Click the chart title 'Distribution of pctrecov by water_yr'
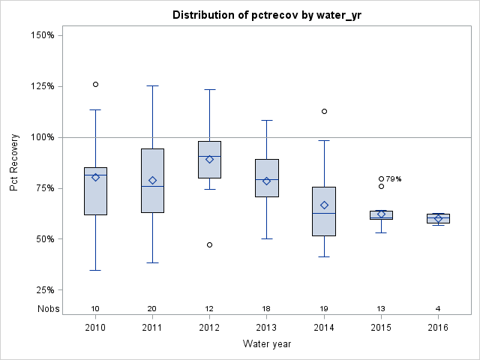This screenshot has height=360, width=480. point(267,15)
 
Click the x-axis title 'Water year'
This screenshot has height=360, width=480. point(267,343)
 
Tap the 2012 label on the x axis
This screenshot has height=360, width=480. point(209,328)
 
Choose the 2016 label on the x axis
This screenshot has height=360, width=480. point(438,328)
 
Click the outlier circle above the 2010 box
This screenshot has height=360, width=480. point(95,85)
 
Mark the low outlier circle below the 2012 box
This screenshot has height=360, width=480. point(209,244)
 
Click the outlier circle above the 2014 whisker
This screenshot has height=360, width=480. point(324,111)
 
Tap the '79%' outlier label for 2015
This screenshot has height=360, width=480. point(394,179)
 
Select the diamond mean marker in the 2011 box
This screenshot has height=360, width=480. point(152,180)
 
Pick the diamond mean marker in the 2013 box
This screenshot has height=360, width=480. point(266,181)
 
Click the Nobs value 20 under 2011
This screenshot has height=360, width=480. point(152,308)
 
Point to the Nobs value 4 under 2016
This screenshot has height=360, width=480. point(438,308)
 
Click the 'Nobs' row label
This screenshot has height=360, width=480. point(46,308)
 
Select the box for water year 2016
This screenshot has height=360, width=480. point(438,218)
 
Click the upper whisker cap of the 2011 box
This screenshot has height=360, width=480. point(152,85)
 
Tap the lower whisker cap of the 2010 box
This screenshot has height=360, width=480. point(95,270)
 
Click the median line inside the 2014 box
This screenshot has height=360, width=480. point(324,213)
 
